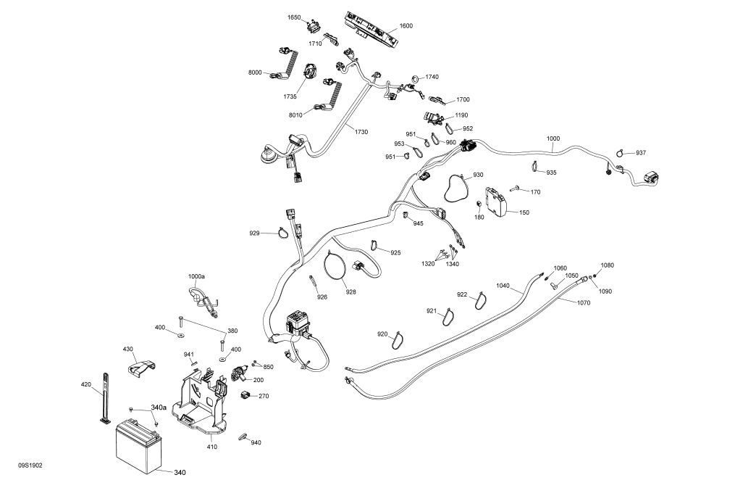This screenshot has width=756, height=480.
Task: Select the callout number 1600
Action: (406, 26)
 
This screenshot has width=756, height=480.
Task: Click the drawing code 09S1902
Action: (30, 465)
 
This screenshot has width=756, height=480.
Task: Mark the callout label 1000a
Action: (196, 277)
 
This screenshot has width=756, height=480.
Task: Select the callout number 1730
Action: (361, 131)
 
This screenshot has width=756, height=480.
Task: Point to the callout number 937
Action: (641, 153)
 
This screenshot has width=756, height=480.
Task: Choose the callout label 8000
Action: (255, 73)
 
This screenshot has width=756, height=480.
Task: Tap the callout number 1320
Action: (428, 264)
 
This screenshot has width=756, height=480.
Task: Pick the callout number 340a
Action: (159, 407)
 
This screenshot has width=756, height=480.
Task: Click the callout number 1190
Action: (461, 115)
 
